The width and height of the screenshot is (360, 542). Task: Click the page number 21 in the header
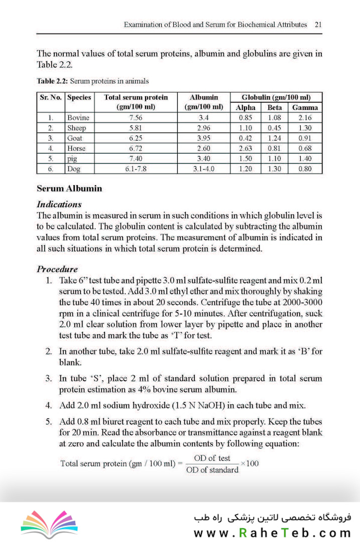pyautogui.click(x=318, y=24)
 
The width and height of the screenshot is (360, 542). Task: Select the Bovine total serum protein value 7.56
pyautogui.click(x=136, y=118)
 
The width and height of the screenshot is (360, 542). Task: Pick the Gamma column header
pyautogui.click(x=305, y=107)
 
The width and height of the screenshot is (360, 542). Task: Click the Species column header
pyautogui.click(x=79, y=97)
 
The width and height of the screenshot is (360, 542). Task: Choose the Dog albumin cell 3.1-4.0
pyautogui.click(x=204, y=169)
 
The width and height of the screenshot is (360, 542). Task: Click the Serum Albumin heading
pyautogui.click(x=69, y=189)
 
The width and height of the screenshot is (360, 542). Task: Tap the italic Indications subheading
pyautogui.click(x=59, y=205)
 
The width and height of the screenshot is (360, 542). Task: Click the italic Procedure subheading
pyautogui.click(x=57, y=269)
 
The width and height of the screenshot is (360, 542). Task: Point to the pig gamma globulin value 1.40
pyautogui.click(x=305, y=159)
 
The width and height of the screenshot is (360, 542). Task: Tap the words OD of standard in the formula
pyautogui.click(x=212, y=470)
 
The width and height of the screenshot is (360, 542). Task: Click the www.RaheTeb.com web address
pyautogui.click(x=272, y=533)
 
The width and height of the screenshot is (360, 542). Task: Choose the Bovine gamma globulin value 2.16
pyautogui.click(x=305, y=118)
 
